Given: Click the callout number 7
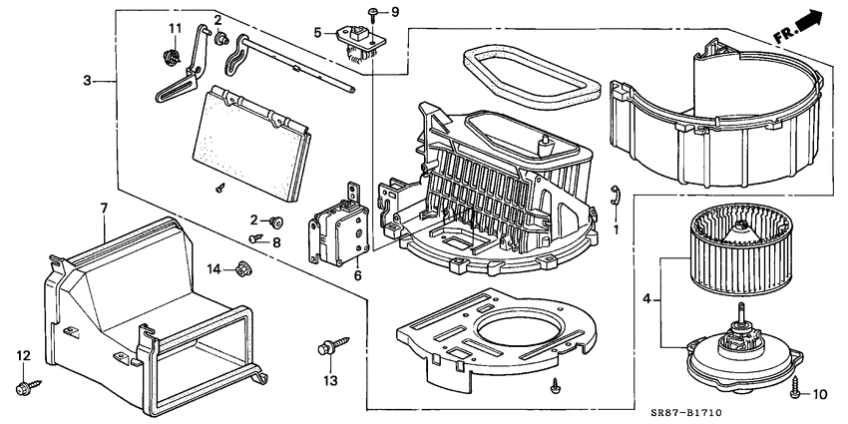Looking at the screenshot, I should (103, 208).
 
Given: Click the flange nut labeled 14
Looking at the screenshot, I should (242, 267).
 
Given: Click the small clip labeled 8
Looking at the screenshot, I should (257, 237).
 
